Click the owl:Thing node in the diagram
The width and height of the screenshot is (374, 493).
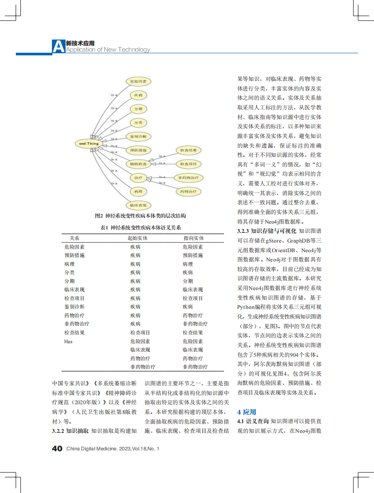(89, 143)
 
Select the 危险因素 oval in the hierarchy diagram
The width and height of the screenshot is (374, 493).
(138, 81)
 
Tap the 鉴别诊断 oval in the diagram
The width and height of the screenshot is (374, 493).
(138, 136)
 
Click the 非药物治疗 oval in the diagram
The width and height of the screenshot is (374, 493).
(188, 178)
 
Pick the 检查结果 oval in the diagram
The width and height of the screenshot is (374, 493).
(188, 150)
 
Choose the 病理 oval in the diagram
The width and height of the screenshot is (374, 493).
(138, 192)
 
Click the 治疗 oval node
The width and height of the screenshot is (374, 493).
(138, 178)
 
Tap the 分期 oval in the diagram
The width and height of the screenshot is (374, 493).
(138, 109)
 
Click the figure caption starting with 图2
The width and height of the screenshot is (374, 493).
(140, 216)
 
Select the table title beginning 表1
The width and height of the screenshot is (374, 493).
(140, 227)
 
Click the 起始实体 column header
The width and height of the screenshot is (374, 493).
(138, 238)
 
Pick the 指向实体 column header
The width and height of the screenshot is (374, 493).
(193, 238)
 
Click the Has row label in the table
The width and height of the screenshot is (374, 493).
(68, 341)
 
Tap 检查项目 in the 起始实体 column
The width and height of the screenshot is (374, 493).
(140, 333)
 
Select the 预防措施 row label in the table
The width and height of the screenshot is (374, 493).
(74, 255)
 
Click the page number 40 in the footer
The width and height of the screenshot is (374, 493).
(57, 448)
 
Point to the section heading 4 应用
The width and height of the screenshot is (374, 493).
(246, 412)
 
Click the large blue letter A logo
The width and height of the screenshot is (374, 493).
(58, 47)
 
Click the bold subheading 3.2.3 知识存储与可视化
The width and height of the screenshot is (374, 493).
(267, 230)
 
